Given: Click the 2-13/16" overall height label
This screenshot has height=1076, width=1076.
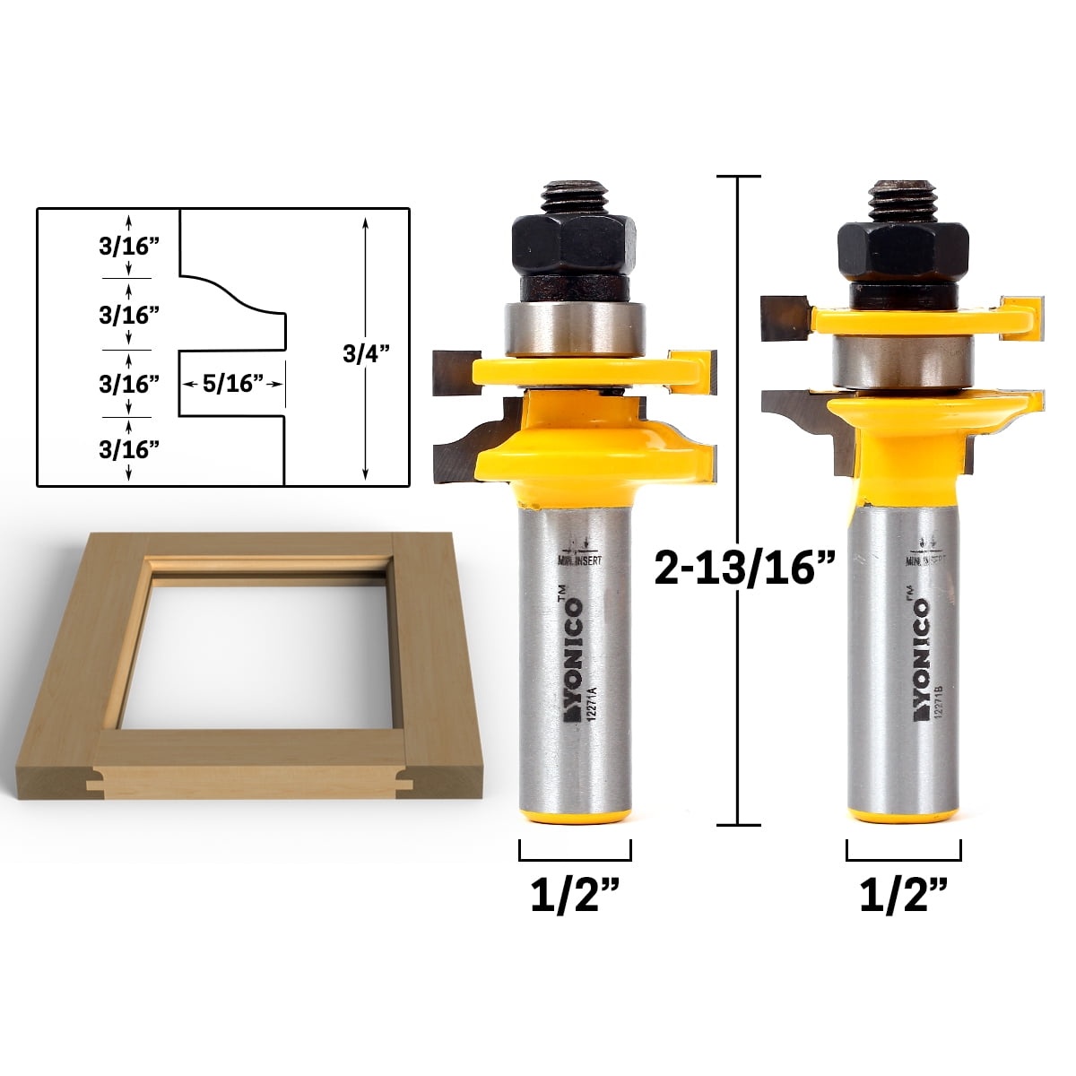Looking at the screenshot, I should pyautogui.click(x=744, y=568).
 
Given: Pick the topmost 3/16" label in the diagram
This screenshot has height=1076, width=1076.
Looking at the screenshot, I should pyautogui.click(x=129, y=247).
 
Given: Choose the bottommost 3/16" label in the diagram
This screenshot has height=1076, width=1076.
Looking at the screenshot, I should pyautogui.click(x=129, y=449).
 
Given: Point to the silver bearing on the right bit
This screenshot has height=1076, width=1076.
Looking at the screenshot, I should pyautogui.click(x=900, y=357).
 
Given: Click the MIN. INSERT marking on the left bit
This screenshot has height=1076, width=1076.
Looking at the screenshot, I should pyautogui.click(x=578, y=560).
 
